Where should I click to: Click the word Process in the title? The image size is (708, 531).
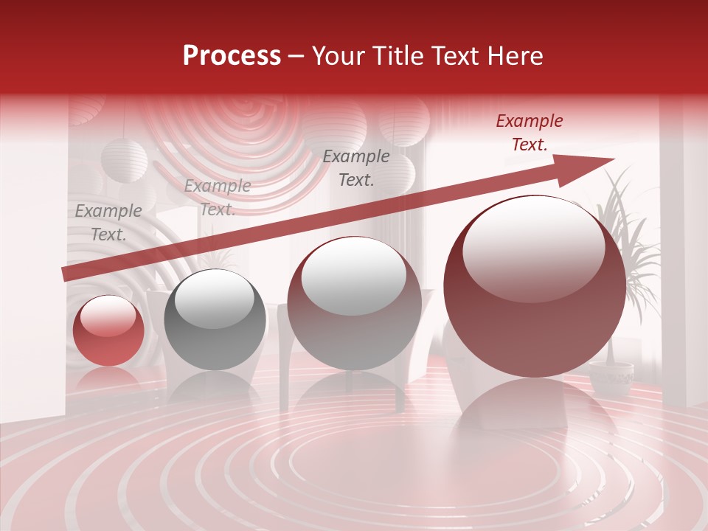point(232,56)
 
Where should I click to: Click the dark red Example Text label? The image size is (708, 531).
point(529,133)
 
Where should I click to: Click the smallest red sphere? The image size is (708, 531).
point(108,331)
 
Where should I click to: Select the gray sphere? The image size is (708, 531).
point(215,319)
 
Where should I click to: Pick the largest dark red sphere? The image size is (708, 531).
point(534,286)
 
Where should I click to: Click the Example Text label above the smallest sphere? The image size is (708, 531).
point(108,223)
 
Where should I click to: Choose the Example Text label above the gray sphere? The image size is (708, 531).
point(218,198)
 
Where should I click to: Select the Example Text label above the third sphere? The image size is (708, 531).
point(356,168)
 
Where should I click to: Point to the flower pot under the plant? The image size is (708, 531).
point(611,379)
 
